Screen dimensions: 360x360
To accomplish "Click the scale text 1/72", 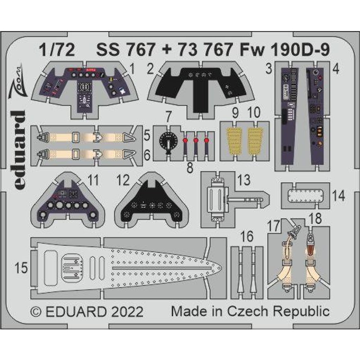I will (56, 51).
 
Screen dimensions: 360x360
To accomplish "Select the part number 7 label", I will (168, 119).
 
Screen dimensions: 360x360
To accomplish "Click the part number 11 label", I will (94, 181).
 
